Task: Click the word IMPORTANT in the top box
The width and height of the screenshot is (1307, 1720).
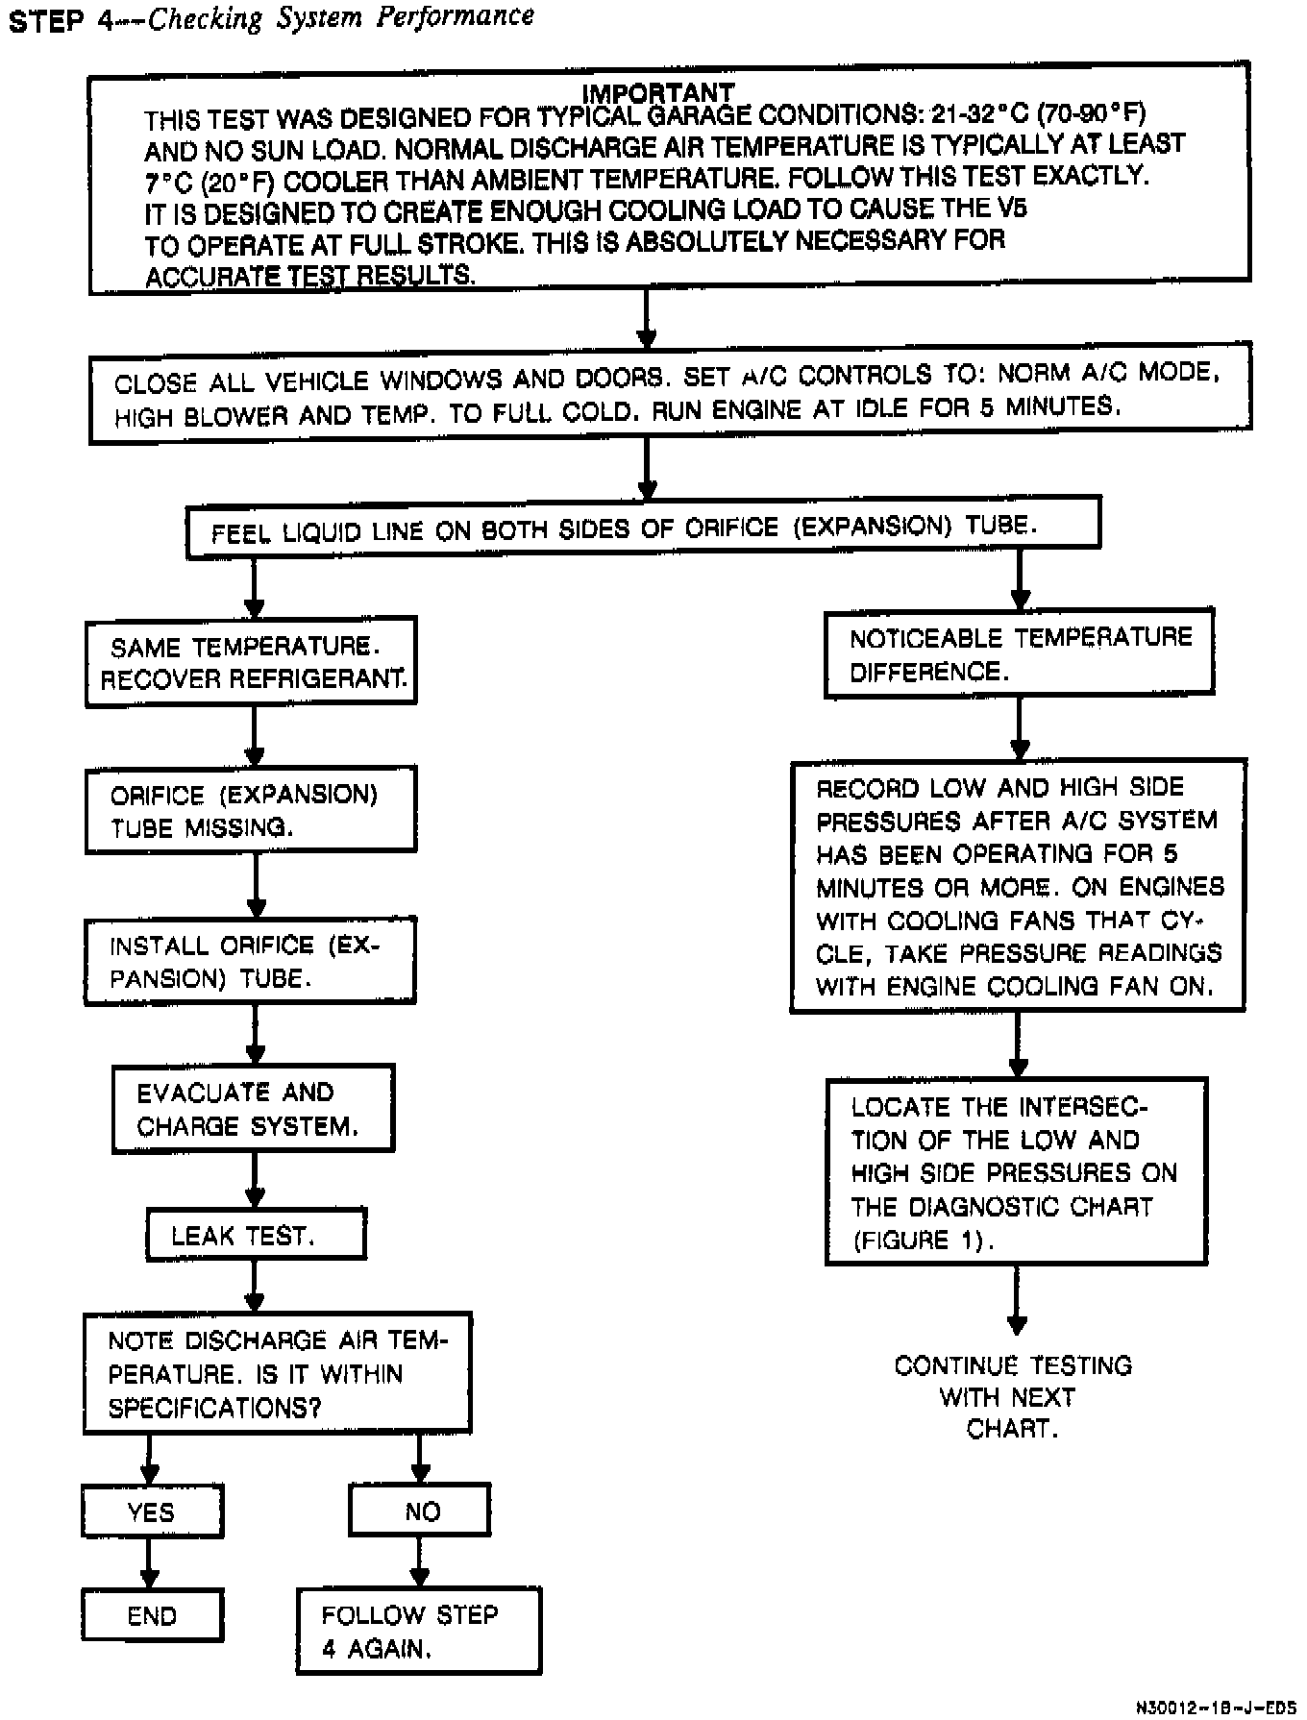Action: [x=658, y=92]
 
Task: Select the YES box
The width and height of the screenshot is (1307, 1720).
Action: [x=152, y=1511]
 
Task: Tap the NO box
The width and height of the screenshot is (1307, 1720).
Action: [x=420, y=1511]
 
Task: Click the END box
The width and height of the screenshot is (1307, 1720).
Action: [x=152, y=1615]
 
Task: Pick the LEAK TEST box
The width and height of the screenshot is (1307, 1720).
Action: [x=256, y=1235]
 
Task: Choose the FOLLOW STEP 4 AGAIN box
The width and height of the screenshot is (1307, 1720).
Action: [x=418, y=1632]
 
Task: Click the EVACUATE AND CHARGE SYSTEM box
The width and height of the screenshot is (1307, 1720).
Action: [x=253, y=1109]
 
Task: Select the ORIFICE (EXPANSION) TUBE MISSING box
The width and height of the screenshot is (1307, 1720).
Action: [x=250, y=810]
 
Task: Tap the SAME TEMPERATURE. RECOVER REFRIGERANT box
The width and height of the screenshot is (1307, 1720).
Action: [x=251, y=662]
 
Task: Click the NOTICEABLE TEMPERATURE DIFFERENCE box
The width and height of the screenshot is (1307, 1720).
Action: [x=1019, y=653]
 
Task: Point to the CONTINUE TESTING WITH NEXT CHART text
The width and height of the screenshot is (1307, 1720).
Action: [x=1013, y=1396]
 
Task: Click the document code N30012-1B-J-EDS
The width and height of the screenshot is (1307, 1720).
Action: [x=1215, y=1708]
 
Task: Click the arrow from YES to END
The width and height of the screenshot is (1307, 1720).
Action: [x=149, y=1564]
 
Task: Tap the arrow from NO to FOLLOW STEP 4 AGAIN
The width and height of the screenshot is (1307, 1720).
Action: [x=419, y=1562]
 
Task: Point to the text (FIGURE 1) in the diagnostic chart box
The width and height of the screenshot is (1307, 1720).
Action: [x=922, y=1240]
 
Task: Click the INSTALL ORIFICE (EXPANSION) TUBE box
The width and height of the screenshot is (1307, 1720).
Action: [x=250, y=961]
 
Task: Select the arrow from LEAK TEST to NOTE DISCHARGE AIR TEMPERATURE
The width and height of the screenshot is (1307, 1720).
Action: [x=255, y=1286]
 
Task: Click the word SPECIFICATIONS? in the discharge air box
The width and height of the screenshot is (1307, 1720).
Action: [x=214, y=1408]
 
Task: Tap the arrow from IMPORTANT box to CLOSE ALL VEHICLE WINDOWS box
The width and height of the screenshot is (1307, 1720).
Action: [x=647, y=319]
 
